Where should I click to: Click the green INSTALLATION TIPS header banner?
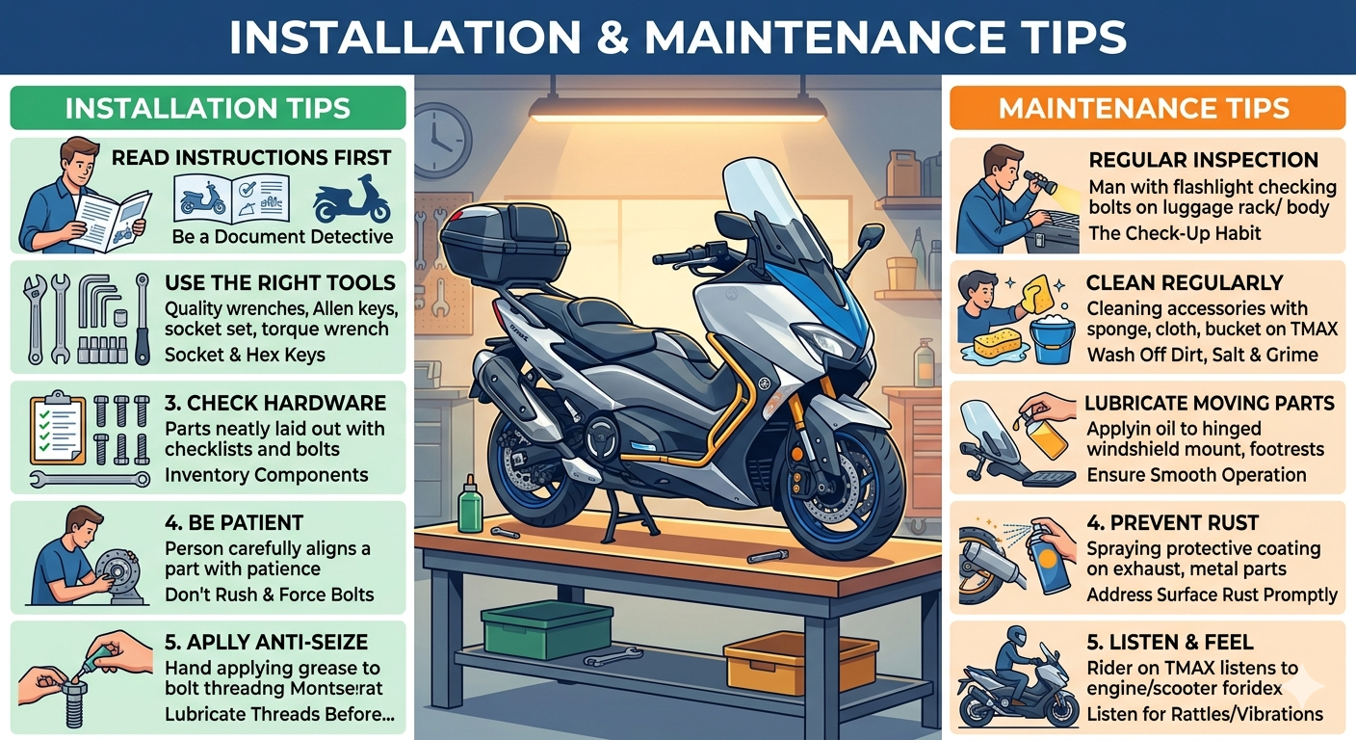click(x=208, y=108)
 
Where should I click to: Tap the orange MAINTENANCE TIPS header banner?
click(x=1147, y=108)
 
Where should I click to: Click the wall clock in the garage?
click(x=441, y=140)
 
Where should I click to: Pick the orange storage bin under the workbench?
click(x=799, y=661)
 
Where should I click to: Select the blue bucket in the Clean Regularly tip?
click(x=1052, y=339)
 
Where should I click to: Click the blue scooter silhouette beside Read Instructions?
click(x=352, y=198)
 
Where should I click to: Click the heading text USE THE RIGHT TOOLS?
click(x=280, y=282)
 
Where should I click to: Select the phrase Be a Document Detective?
click(x=283, y=236)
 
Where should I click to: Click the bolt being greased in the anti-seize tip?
click(x=73, y=702)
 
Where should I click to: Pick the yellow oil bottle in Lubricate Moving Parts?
click(x=1046, y=436)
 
